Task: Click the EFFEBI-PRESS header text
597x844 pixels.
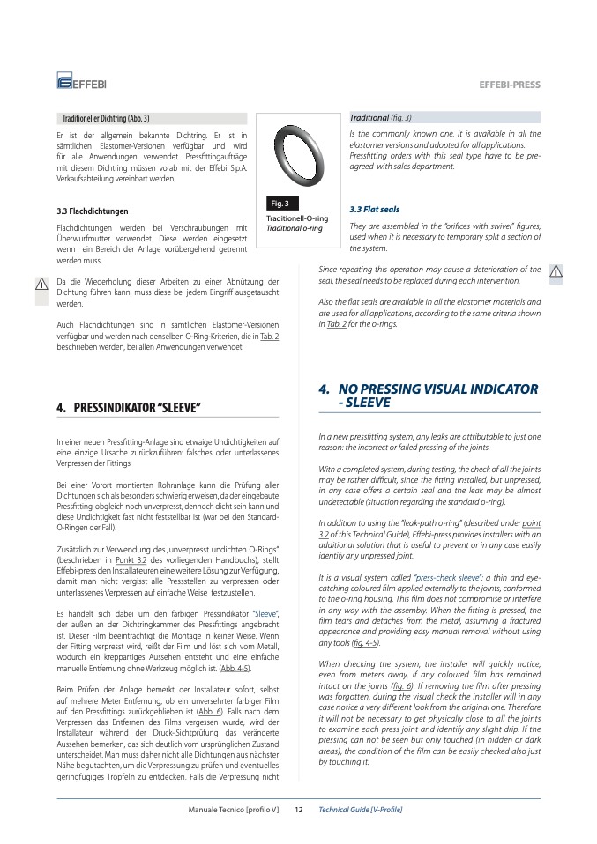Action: [509, 85]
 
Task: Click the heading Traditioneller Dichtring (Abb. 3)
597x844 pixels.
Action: [105, 118]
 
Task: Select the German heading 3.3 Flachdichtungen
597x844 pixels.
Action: [92, 211]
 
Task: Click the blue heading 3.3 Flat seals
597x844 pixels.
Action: [375, 210]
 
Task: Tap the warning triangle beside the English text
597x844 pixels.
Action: [556, 270]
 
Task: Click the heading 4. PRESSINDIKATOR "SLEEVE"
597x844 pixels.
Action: [129, 408]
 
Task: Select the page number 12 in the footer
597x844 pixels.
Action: [299, 809]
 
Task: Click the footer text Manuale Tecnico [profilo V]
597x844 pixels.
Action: [234, 809]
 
